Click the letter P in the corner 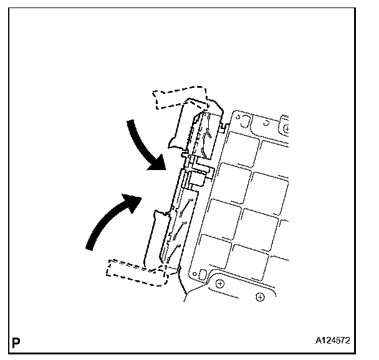pyautogui.click(x=15, y=342)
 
